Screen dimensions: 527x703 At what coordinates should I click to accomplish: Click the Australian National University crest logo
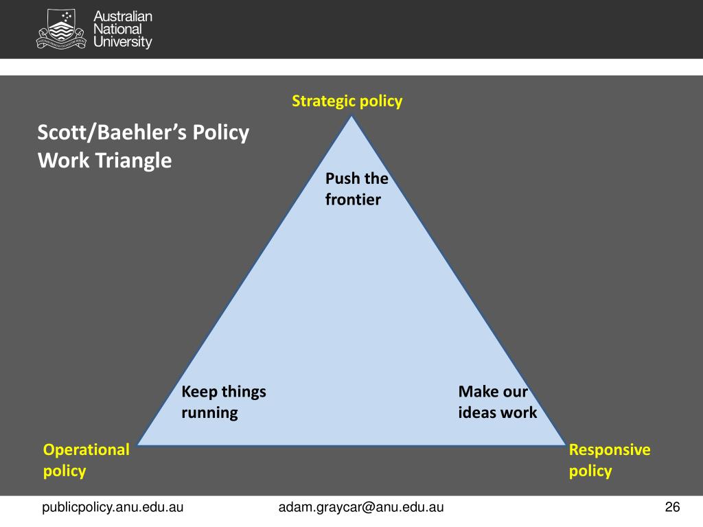[x=62, y=29]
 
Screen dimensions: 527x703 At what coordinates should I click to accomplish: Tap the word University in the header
[x=123, y=43]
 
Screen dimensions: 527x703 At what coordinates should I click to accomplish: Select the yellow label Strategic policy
[x=347, y=102]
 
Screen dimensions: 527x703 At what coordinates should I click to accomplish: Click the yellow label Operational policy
[x=86, y=460]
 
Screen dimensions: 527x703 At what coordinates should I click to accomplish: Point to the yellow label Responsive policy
[x=610, y=460]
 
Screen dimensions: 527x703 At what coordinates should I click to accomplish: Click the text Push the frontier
[x=356, y=189]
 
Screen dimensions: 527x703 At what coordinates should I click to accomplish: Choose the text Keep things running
[x=223, y=402]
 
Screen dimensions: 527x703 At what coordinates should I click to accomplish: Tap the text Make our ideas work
[x=497, y=402]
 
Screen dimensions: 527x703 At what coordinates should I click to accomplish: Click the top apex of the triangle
[x=352, y=116]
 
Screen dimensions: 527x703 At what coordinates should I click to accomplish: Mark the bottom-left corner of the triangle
[x=138, y=444]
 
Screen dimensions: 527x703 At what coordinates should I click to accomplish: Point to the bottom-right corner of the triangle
[x=565, y=444]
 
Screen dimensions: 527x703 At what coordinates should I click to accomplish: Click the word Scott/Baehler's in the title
[x=111, y=132]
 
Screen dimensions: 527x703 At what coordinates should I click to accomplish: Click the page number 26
[x=672, y=507]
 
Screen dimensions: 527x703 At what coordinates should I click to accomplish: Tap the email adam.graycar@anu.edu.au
[x=360, y=507]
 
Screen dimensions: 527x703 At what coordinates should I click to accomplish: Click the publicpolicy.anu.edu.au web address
[x=113, y=507]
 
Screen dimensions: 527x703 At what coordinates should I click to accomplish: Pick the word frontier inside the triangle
[x=352, y=200]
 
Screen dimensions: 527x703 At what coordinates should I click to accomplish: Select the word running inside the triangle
[x=209, y=412]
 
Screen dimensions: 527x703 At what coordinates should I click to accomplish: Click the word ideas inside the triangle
[x=477, y=412]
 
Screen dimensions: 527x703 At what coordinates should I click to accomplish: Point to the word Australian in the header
[x=123, y=16]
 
